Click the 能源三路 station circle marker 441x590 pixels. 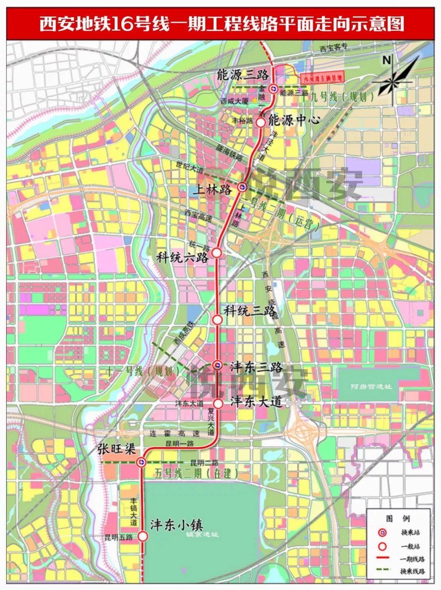click(x=273, y=87)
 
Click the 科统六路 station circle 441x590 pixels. click(x=217, y=253)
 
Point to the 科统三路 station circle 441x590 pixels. click(x=218, y=319)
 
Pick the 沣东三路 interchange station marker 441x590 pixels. click(x=218, y=365)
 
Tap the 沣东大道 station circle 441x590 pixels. click(x=218, y=403)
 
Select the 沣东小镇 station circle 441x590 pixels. click(x=143, y=536)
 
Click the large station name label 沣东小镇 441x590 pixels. click(x=177, y=525)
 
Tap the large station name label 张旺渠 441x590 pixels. click(x=116, y=449)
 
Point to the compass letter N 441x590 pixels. click(x=386, y=60)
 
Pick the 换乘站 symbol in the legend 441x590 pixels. click(x=382, y=532)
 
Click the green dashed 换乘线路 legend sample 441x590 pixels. click(x=382, y=571)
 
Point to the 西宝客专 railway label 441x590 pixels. click(x=333, y=47)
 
